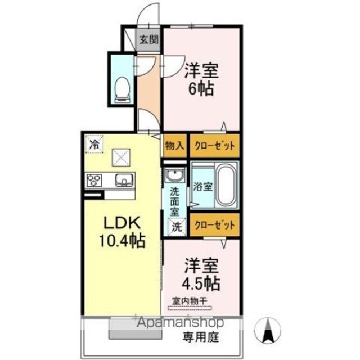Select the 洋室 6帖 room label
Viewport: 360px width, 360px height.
click(201, 80)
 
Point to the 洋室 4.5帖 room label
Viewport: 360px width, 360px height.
click(201, 274)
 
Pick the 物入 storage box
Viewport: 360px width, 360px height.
click(175, 146)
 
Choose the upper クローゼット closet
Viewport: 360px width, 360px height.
click(215, 146)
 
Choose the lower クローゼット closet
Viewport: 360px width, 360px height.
click(215, 225)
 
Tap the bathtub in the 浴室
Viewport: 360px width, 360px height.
click(226, 185)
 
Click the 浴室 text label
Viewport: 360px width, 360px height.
click(202, 186)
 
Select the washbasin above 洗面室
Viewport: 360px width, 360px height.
click(175, 175)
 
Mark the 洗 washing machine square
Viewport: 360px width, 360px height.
click(177, 227)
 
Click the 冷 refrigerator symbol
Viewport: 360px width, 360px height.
click(94, 144)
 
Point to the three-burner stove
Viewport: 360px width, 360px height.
click(94, 180)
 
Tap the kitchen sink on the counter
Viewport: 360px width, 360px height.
click(124, 179)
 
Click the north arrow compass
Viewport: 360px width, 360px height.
click(267, 331)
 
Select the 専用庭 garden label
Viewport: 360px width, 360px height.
click(201, 337)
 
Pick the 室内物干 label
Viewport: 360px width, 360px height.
click(190, 301)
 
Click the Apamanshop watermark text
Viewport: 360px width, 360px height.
click(181, 322)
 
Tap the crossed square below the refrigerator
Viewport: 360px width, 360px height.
click(121, 157)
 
